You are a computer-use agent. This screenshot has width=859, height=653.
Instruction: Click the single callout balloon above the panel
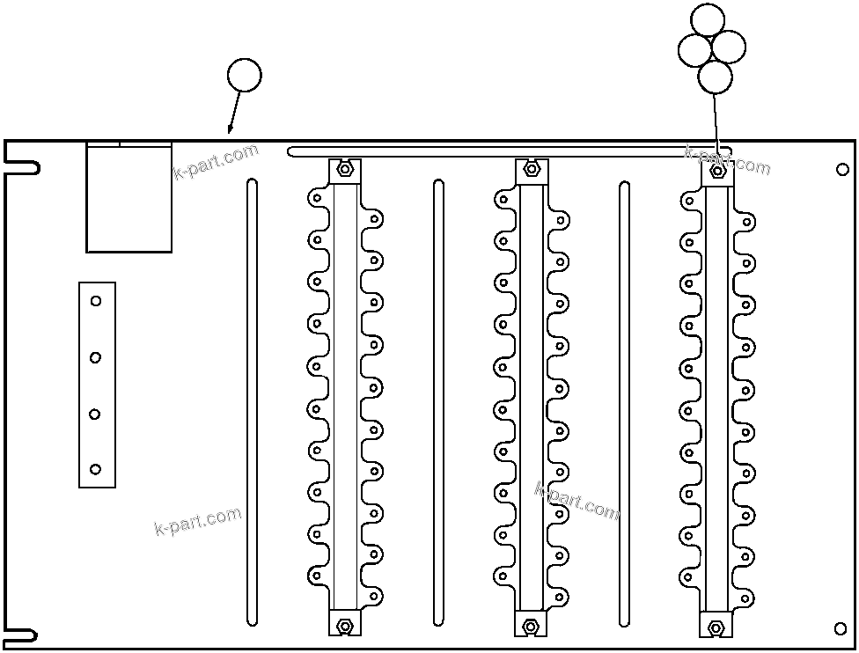[245, 75]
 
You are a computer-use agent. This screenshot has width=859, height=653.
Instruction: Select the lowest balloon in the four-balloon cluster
[715, 77]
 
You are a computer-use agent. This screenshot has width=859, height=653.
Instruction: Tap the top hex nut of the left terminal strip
[345, 168]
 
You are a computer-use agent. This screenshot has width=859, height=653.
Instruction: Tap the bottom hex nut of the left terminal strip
[345, 625]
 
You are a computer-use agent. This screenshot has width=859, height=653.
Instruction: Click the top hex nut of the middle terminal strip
[531, 169]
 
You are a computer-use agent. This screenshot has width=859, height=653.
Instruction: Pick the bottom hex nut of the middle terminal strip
[531, 626]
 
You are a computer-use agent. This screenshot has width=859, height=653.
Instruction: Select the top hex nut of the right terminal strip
[717, 171]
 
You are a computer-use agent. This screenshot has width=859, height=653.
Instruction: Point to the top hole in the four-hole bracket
[96, 301]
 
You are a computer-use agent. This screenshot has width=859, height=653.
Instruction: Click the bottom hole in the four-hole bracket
[96, 469]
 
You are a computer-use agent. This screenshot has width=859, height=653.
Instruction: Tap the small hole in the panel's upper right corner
[842, 169]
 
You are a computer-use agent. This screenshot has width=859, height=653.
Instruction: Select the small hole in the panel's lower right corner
[840, 627]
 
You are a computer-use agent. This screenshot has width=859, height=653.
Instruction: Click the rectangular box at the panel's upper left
[128, 198]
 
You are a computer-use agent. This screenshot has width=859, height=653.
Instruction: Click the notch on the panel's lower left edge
[22, 635]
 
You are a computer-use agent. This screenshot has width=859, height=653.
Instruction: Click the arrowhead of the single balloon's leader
[230, 131]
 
